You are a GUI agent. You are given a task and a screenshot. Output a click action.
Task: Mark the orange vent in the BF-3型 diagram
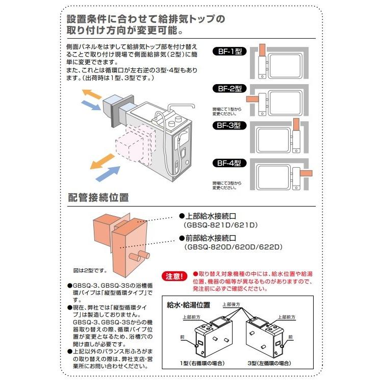[x=296, y=125]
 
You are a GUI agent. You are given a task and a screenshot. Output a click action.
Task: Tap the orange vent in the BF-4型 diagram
[x=305, y=173]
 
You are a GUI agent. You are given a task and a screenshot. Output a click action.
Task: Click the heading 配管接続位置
[x=98, y=197]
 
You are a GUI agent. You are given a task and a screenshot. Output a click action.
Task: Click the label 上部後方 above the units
[x=232, y=304]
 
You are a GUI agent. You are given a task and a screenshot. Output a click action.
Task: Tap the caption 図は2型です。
[x=90, y=270]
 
